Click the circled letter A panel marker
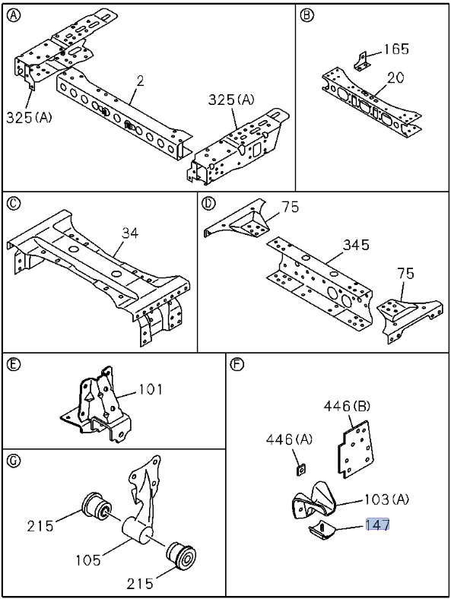(x=14, y=16)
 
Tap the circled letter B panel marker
(x=306, y=16)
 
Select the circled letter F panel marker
(x=237, y=365)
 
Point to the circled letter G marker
(x=14, y=461)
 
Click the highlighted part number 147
(x=378, y=525)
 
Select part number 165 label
(x=396, y=49)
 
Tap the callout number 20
(x=395, y=78)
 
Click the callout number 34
(x=130, y=233)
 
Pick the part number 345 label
(x=356, y=245)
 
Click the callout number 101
(x=150, y=389)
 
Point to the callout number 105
(x=88, y=560)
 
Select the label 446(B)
(x=347, y=406)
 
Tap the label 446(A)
(x=289, y=439)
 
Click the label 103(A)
(x=386, y=499)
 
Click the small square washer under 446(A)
(x=302, y=469)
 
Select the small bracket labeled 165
(x=361, y=62)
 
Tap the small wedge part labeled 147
(x=322, y=531)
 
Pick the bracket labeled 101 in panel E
(x=97, y=406)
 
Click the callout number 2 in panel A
(x=140, y=81)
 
